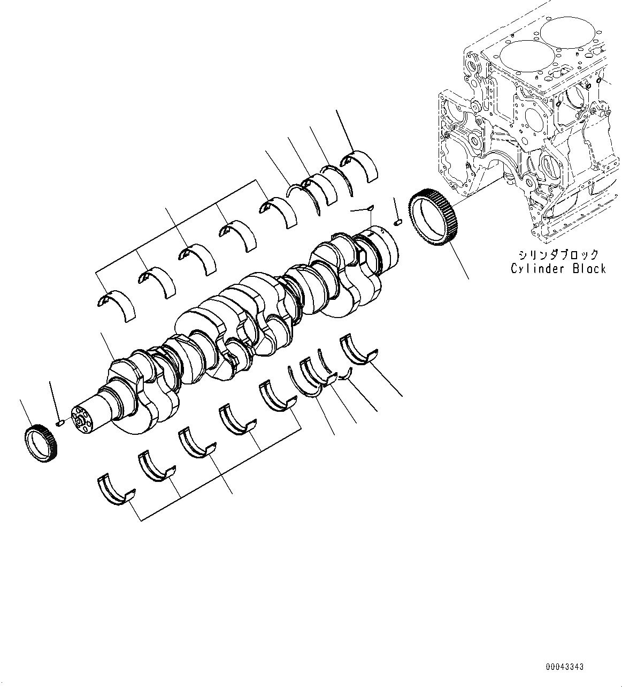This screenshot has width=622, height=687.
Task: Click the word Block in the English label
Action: pos(589,268)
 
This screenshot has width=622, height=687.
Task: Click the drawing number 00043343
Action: pos(564,667)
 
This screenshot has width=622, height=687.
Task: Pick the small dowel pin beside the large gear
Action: pos(397,222)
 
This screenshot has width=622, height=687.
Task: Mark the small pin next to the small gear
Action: pos(60,422)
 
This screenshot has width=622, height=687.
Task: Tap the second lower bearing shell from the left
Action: pos(156,466)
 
